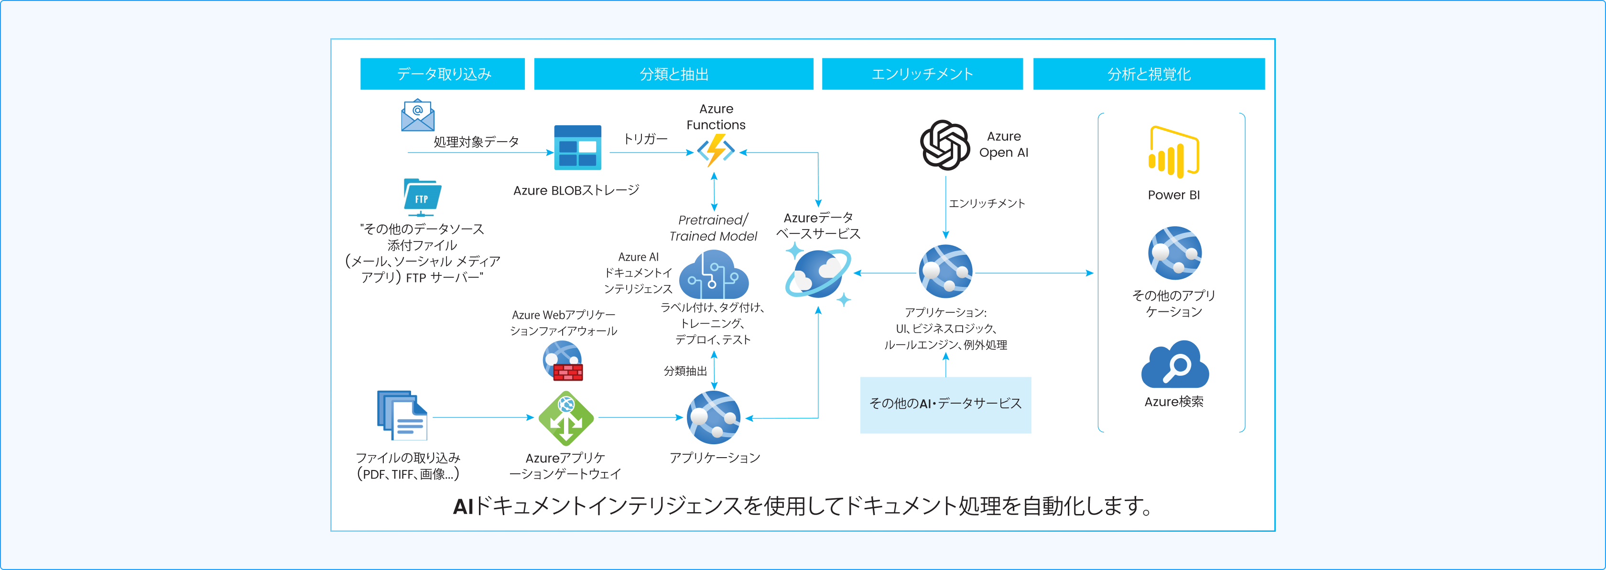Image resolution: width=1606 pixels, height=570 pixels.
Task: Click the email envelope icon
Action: pos(417,115)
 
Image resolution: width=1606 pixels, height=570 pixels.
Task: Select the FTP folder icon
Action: pos(422,197)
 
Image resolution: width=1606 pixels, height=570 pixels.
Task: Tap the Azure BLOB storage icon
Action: pos(577,148)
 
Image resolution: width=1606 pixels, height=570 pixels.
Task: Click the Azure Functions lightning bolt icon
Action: pos(715,150)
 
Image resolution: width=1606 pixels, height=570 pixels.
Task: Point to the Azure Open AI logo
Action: pos(944,145)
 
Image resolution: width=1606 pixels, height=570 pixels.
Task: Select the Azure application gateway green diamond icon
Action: pos(565,418)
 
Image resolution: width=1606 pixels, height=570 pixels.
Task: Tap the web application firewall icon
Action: pos(563,361)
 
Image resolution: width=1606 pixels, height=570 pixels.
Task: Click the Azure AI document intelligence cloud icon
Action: pos(713,275)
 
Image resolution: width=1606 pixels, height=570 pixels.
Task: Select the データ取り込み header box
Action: pos(442,74)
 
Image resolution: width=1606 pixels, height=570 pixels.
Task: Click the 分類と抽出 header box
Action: pos(673,74)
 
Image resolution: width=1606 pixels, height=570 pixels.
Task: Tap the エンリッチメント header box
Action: pos(922,74)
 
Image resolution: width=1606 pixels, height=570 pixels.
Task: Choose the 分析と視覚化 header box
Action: pos(1149,74)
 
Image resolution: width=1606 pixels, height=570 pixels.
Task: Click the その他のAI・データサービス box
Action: pos(945,404)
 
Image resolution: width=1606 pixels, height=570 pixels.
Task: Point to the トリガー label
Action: pos(645,139)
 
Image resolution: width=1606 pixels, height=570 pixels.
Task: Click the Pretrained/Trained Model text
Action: pos(713,228)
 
